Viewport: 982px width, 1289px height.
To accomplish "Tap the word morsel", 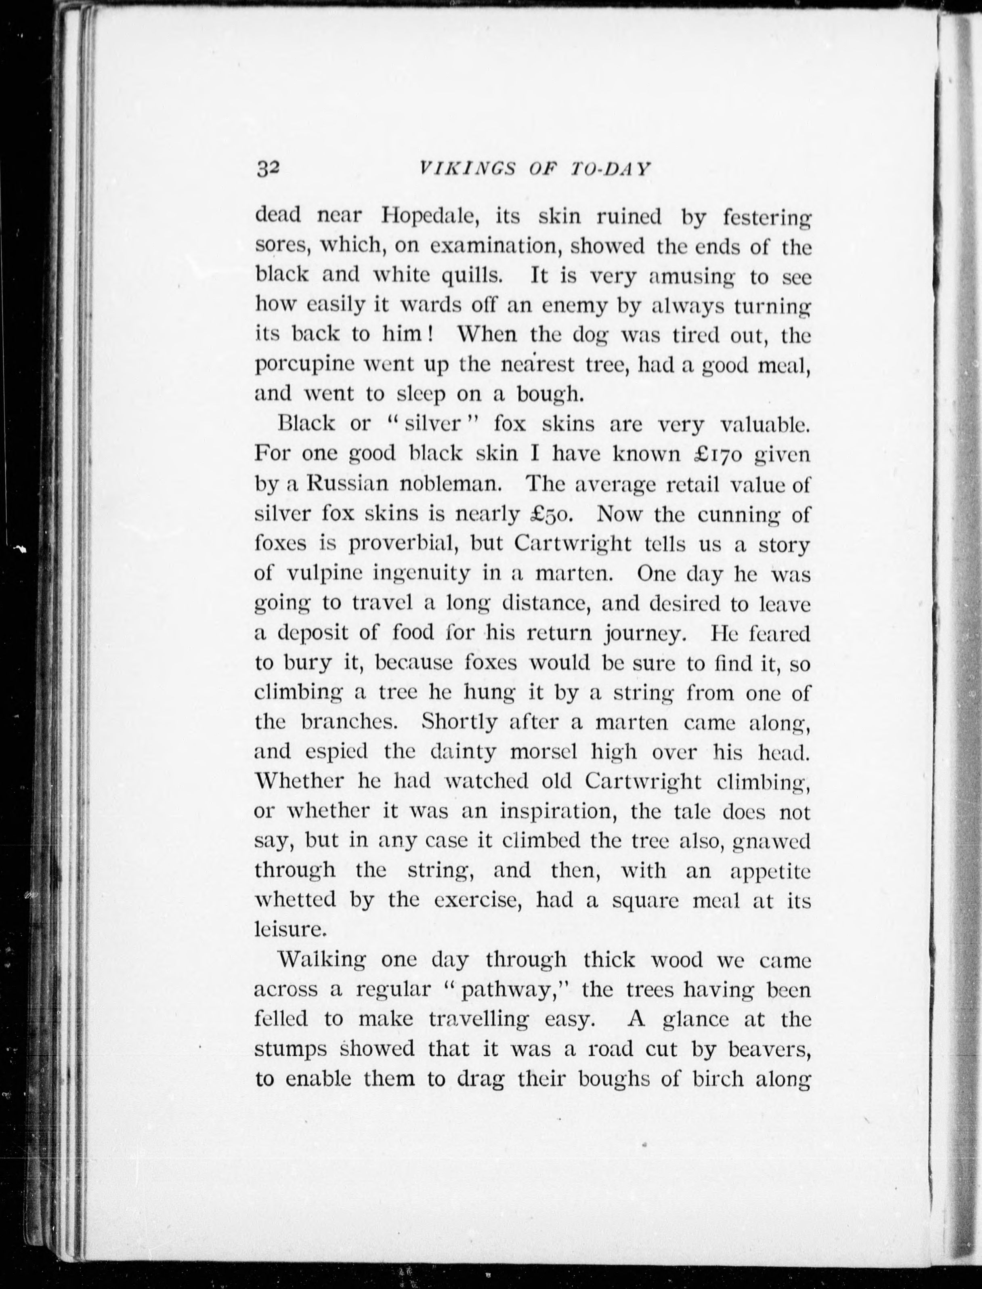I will pyautogui.click(x=543, y=752).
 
